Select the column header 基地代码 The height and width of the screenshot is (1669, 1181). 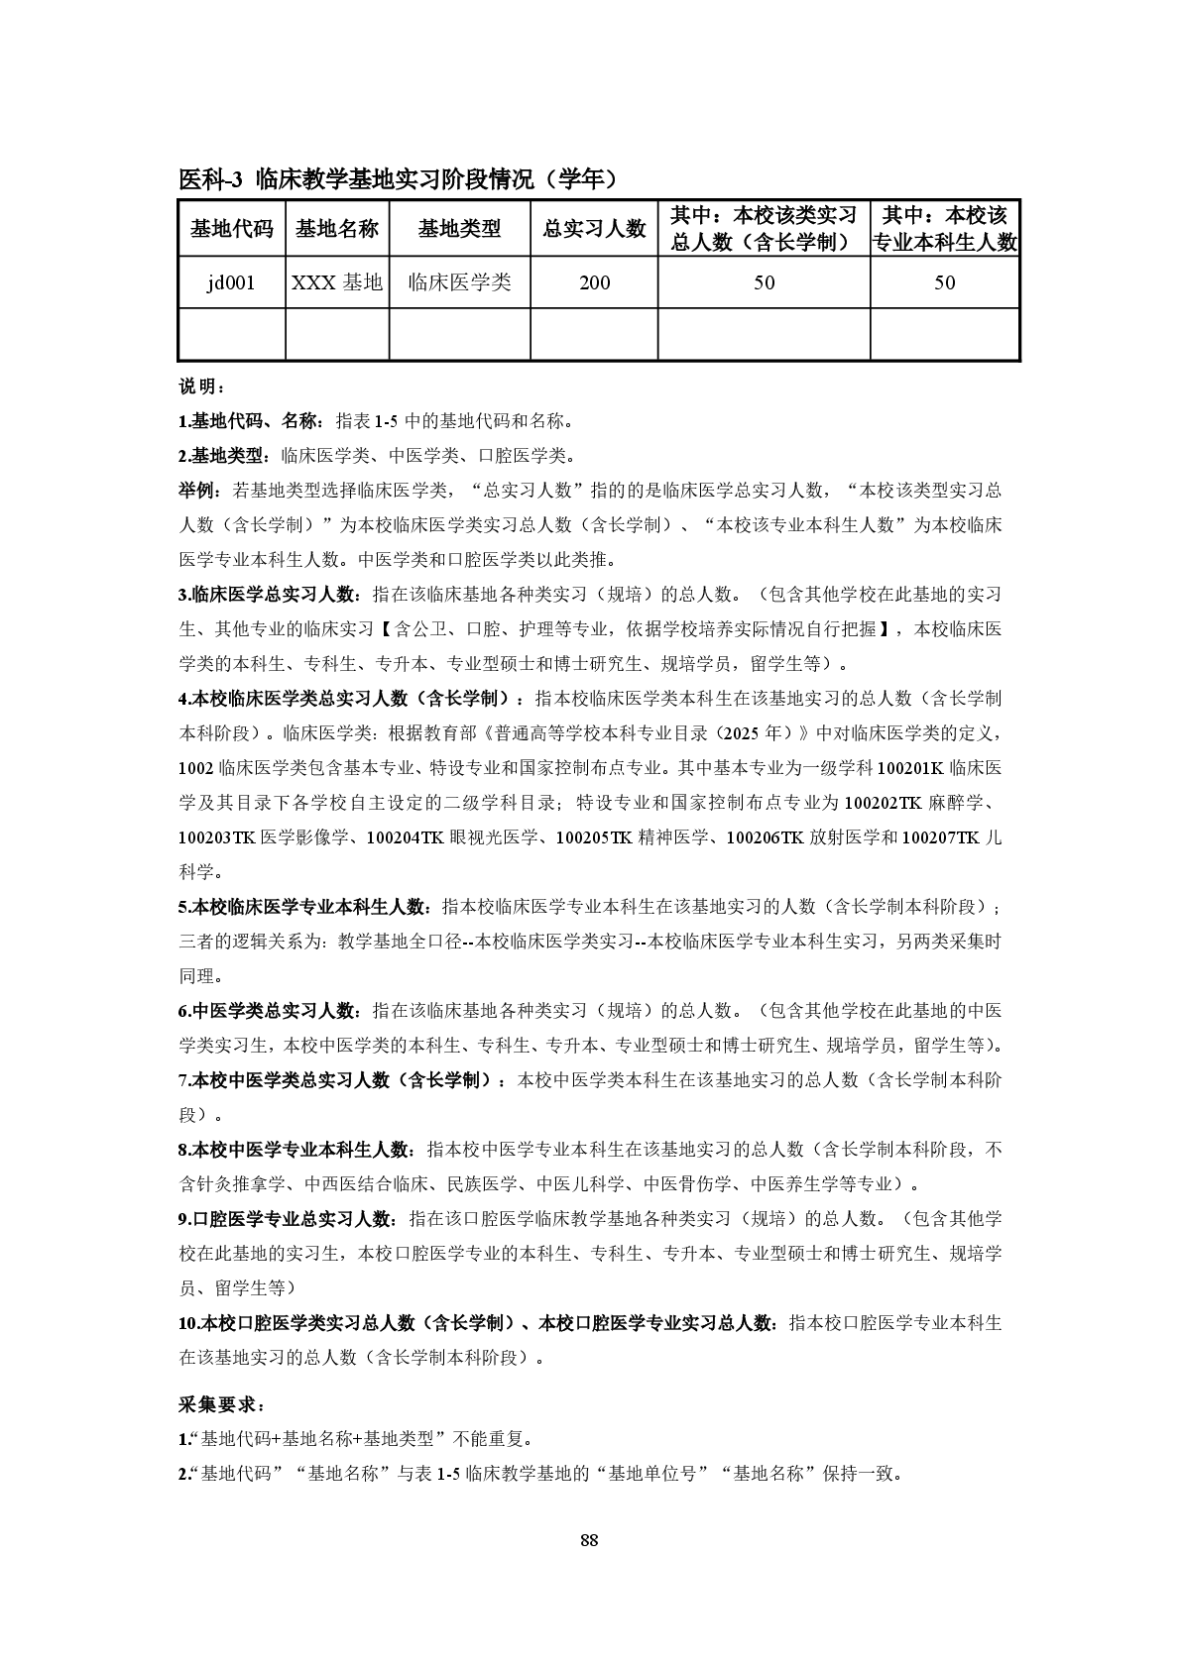click(x=231, y=229)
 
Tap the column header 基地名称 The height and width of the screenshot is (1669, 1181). click(x=337, y=229)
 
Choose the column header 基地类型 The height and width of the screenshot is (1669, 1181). click(x=459, y=229)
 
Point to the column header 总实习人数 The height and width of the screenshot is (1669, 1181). click(x=594, y=229)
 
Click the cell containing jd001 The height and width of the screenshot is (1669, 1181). click(x=231, y=282)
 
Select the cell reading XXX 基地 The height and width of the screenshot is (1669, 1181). click(x=337, y=282)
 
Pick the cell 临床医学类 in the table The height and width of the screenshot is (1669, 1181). click(x=459, y=282)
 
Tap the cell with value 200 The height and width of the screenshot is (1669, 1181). click(x=594, y=282)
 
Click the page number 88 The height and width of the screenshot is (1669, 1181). click(x=589, y=1539)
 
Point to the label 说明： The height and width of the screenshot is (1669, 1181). click(x=202, y=386)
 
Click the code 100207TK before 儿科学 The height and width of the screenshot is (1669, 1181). click(x=940, y=837)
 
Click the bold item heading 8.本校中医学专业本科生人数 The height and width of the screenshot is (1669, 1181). click(x=295, y=1150)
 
